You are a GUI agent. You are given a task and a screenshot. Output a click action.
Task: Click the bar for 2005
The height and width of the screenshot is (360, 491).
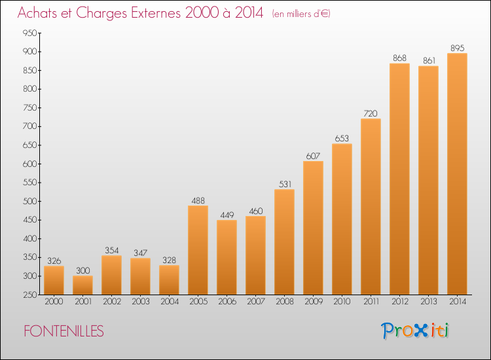tap(198, 250)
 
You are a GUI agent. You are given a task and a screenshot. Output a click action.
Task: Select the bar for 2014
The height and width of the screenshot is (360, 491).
tap(457, 173)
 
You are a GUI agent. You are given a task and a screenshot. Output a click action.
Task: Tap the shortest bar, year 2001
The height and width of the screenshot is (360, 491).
tap(82, 285)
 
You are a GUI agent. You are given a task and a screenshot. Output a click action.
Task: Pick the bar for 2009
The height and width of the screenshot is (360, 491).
tap(313, 228)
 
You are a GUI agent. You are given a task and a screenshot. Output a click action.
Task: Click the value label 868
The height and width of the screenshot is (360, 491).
tap(399, 58)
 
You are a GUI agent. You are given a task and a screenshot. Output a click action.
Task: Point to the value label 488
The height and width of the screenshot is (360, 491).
tap(198, 200)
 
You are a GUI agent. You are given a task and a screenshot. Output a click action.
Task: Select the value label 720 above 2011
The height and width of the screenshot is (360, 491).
tap(371, 113)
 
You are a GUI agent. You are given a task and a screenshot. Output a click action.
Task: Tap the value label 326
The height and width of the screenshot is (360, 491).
tap(54, 261)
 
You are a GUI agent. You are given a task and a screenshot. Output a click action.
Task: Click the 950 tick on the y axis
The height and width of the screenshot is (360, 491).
tap(29, 33)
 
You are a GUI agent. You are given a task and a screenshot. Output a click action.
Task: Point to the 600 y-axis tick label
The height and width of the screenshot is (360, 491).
tap(29, 164)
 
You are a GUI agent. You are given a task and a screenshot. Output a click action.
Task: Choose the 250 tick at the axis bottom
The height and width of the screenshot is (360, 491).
tap(29, 295)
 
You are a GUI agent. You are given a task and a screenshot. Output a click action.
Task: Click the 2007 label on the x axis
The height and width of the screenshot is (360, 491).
tap(255, 301)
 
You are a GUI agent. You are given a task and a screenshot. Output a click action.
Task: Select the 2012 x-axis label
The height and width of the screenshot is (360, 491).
tap(399, 301)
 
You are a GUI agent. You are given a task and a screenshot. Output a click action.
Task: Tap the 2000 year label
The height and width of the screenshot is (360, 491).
tap(54, 301)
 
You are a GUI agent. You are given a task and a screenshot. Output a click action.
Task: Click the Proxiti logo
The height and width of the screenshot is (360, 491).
tap(415, 331)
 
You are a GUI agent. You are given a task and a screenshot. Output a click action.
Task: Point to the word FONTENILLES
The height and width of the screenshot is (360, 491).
tap(64, 331)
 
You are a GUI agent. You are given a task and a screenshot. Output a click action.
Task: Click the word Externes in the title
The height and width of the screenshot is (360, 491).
tap(156, 12)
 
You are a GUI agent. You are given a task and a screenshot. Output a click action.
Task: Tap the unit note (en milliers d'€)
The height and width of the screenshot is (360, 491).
tap(301, 14)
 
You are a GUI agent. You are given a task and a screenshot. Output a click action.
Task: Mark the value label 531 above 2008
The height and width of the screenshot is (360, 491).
tap(285, 184)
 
